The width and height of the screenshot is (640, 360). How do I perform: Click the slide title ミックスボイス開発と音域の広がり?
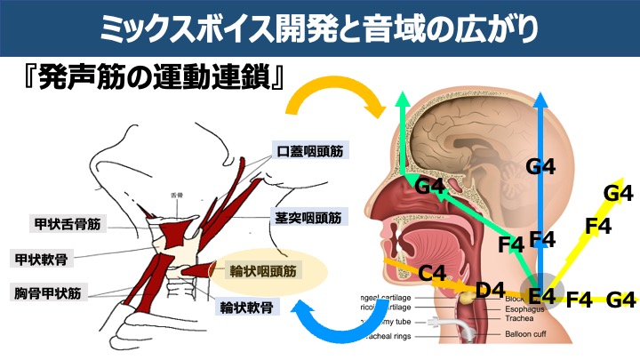[320, 27]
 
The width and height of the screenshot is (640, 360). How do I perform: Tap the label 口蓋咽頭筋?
[309, 151]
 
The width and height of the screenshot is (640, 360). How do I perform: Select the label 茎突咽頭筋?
[308, 215]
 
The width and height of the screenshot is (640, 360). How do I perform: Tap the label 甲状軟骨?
[45, 259]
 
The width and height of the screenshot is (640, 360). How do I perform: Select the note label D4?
[489, 290]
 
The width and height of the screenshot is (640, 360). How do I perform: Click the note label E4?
[541, 295]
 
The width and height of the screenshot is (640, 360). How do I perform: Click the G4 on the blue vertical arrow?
[540, 164]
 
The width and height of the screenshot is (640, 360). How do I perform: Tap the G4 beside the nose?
[429, 186]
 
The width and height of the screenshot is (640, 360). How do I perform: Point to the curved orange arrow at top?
[333, 93]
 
